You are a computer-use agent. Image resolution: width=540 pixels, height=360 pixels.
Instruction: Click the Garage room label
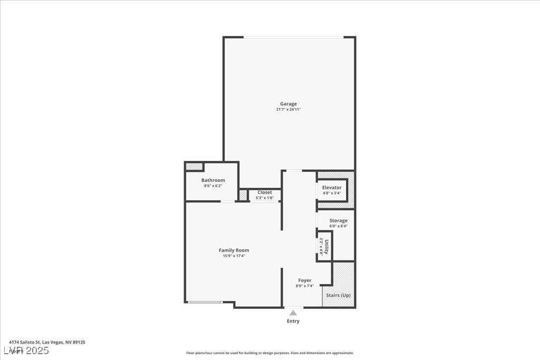coord(288,104)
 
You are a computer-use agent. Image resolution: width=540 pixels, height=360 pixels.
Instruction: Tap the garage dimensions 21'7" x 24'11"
coord(288,110)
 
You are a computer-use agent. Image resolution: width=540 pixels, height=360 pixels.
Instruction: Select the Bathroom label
coord(213,180)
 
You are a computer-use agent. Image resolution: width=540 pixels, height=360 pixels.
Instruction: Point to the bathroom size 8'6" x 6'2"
coord(213,186)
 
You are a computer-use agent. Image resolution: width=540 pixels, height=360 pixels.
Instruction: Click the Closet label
coord(265,192)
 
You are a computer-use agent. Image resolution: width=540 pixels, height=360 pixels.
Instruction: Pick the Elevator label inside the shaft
coord(332,188)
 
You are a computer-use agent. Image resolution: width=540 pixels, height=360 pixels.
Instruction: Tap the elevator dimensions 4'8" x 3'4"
coord(332,193)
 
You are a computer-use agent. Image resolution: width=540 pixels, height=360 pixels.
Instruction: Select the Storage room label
coord(338,220)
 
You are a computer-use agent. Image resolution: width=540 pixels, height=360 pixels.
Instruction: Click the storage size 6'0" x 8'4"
coord(338,226)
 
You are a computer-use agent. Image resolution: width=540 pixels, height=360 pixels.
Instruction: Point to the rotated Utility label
coord(326,246)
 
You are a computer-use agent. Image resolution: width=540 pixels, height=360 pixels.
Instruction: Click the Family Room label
coord(234,250)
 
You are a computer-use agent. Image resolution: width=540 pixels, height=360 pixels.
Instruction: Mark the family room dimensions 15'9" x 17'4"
coord(234,256)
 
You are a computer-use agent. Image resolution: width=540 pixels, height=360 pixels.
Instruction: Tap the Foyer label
coord(304,280)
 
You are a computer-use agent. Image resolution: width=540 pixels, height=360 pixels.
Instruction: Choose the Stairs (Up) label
coord(338,295)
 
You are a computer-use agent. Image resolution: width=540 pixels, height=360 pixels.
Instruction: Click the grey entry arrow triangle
coord(293,313)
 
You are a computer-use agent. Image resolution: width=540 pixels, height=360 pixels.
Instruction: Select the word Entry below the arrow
coord(293,321)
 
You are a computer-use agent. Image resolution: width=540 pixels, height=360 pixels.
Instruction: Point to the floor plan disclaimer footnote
coord(269,353)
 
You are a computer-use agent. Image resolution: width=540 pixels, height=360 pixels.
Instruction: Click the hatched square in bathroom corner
coord(194,167)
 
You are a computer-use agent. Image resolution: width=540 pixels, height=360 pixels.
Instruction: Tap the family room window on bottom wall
coord(206,302)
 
